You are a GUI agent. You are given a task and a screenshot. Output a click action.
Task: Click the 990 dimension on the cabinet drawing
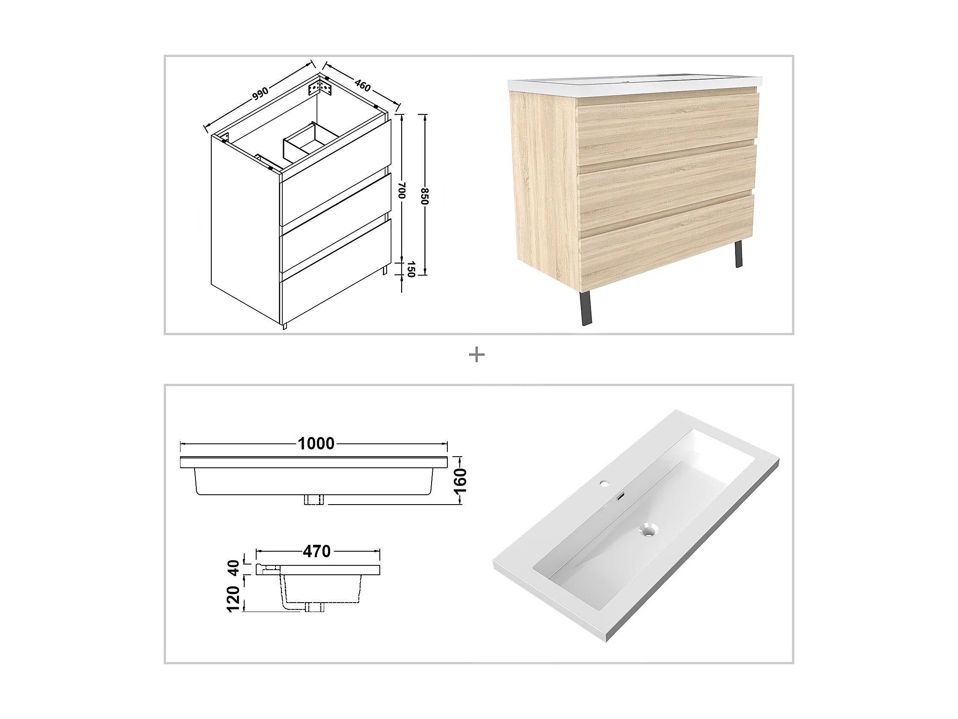point(261,94)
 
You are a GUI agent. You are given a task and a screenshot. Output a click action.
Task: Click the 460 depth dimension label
point(363,85)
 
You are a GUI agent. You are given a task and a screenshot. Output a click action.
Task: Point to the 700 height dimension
point(402,191)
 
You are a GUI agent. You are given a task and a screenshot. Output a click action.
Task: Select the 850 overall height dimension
point(425,196)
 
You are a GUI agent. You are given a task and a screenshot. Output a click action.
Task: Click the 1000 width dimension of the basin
point(316,443)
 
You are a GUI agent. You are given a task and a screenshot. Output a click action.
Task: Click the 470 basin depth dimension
point(317,551)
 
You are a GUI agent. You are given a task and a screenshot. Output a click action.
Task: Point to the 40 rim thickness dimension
point(234,568)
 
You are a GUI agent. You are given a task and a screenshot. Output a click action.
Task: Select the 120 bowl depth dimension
point(234,598)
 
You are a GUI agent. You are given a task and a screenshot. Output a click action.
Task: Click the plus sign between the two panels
point(477,355)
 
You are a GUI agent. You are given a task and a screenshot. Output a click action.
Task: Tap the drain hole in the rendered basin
point(648,529)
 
